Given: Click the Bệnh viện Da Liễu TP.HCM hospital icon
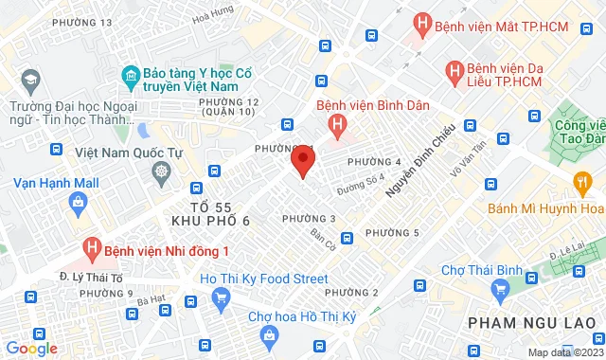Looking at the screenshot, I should pos(454,70).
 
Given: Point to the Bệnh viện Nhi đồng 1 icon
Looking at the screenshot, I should pos(91,250).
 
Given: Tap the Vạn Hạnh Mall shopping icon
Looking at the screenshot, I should pos(77,202).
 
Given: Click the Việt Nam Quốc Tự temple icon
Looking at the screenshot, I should pos(162,171).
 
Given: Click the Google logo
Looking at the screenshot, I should pos(32,349).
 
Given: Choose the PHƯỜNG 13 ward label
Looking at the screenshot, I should pos(82,22).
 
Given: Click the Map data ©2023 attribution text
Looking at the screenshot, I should pos(563,352).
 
